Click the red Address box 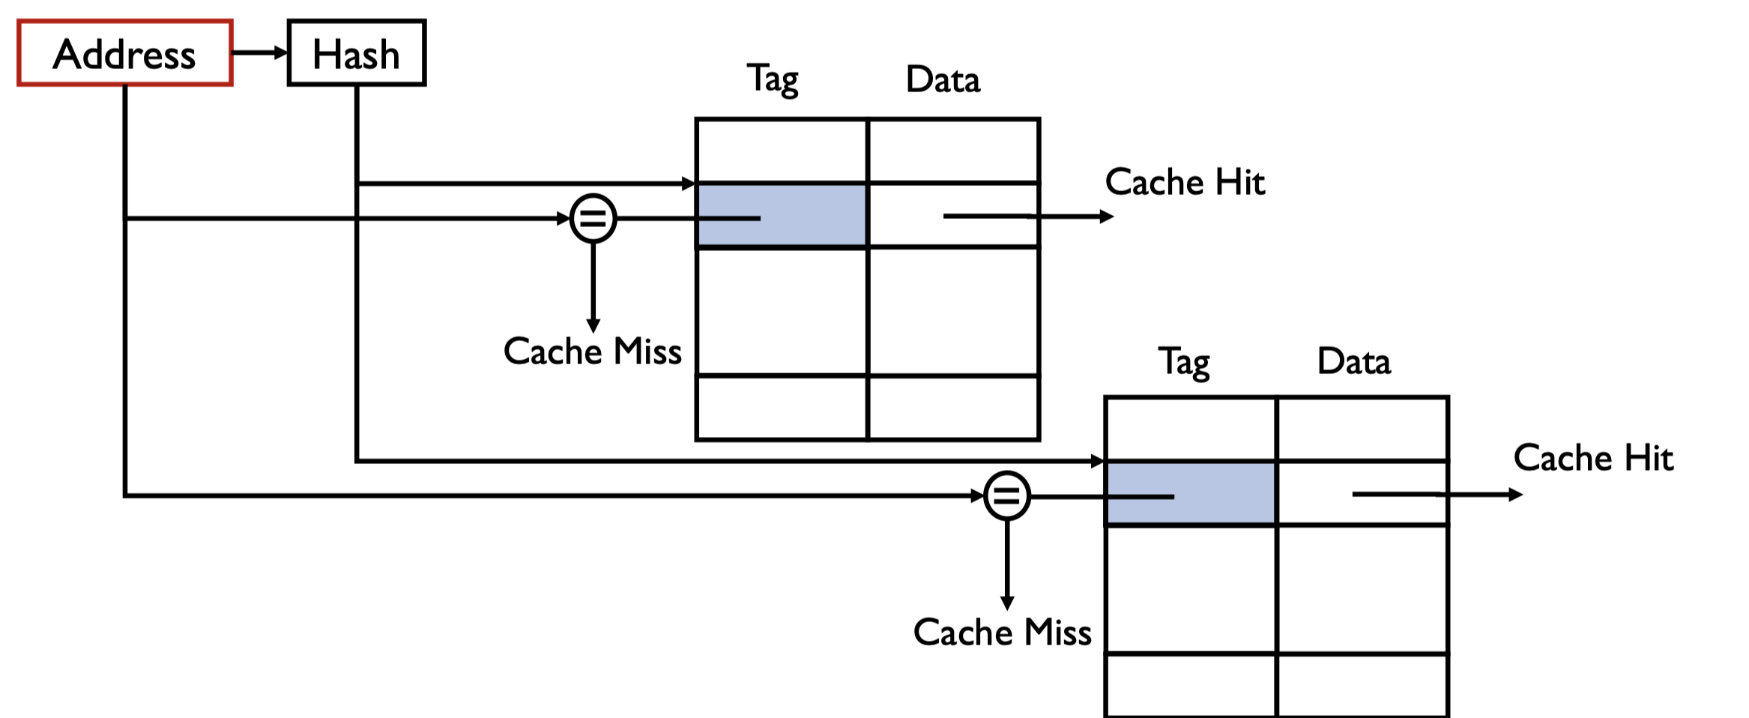pyautogui.click(x=125, y=53)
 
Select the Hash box pyautogui.click(x=357, y=53)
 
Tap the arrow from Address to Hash pyautogui.click(x=259, y=52)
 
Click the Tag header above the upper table pyautogui.click(x=773, y=79)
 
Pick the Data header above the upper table pyautogui.click(x=943, y=79)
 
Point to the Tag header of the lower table pyautogui.click(x=1184, y=362)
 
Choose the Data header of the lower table pyautogui.click(x=1354, y=362)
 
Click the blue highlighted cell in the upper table pyautogui.click(x=782, y=215)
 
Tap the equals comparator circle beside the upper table pyautogui.click(x=593, y=218)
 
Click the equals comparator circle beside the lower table pyautogui.click(x=1006, y=495)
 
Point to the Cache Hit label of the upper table pyautogui.click(x=1185, y=182)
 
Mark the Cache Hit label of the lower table pyautogui.click(x=1593, y=458)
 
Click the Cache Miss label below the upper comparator pyautogui.click(x=592, y=352)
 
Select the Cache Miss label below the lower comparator pyautogui.click(x=1002, y=633)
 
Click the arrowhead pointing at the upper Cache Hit pyautogui.click(x=1106, y=217)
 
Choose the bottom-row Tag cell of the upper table pyautogui.click(x=782, y=407)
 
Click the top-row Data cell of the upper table pyautogui.click(x=953, y=151)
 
